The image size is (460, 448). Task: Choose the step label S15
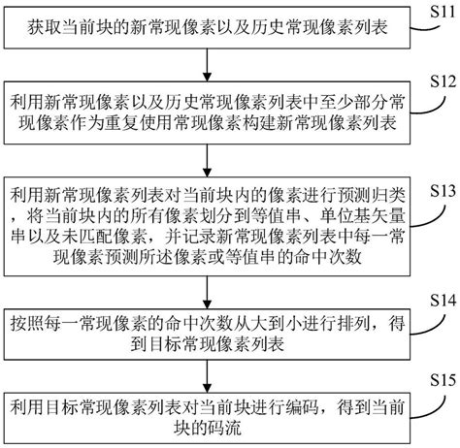[440, 373]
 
